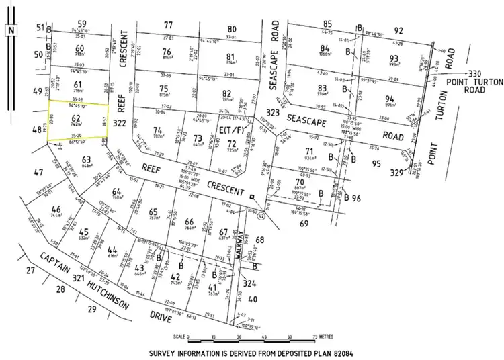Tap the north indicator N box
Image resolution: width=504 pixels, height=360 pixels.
[x=9, y=30]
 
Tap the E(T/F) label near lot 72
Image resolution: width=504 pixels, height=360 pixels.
[x=228, y=132]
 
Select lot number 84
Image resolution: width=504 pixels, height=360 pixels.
[x=325, y=48]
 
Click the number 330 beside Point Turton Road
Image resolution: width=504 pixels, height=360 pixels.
[x=473, y=74]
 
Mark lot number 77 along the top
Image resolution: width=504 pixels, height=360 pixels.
[x=169, y=25]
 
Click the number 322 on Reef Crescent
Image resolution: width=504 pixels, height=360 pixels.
[x=120, y=123]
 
